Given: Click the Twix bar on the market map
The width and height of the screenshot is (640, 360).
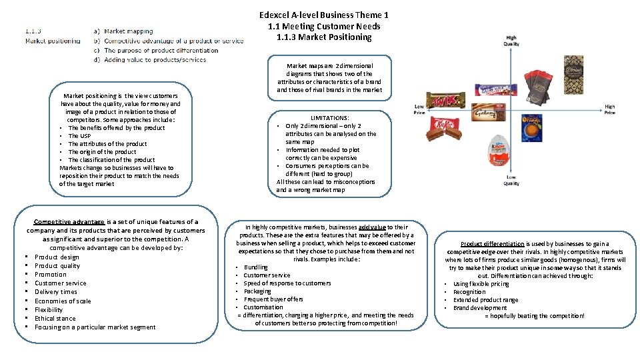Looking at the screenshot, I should [441, 102].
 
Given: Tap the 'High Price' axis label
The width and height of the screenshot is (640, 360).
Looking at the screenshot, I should [609, 110].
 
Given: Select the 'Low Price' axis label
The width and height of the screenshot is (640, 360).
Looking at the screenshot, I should [419, 110].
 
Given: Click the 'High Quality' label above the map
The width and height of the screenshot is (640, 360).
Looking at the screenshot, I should [512, 41].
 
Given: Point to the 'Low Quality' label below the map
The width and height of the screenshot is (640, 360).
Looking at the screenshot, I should [511, 180].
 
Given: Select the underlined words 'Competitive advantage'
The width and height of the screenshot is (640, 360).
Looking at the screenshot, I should [69, 221].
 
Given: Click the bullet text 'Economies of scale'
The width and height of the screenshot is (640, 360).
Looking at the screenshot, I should [62, 301].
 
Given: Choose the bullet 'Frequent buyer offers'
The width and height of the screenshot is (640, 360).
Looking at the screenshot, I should [273, 299].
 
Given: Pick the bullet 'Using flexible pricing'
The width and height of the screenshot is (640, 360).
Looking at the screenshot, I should [481, 284].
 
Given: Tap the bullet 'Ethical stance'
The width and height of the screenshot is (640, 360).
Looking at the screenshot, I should [55, 318].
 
